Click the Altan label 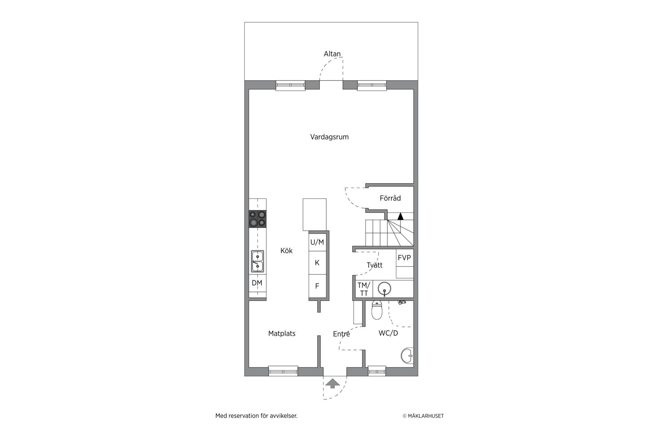(x=332, y=54)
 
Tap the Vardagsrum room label (x=329, y=137)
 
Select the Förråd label (x=390, y=198)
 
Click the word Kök (x=286, y=251)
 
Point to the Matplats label (x=282, y=334)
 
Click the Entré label (x=341, y=334)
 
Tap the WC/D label (x=388, y=333)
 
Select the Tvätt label (x=374, y=265)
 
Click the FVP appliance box (x=404, y=258)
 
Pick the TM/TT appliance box (x=364, y=289)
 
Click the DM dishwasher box (x=257, y=283)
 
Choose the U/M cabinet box (x=317, y=242)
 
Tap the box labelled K (x=317, y=263)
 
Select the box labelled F (x=317, y=286)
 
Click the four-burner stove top (x=257, y=219)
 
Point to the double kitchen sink (x=257, y=261)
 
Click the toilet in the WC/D (x=377, y=310)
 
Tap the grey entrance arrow (x=332, y=384)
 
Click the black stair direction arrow (x=400, y=216)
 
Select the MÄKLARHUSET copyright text (x=423, y=416)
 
